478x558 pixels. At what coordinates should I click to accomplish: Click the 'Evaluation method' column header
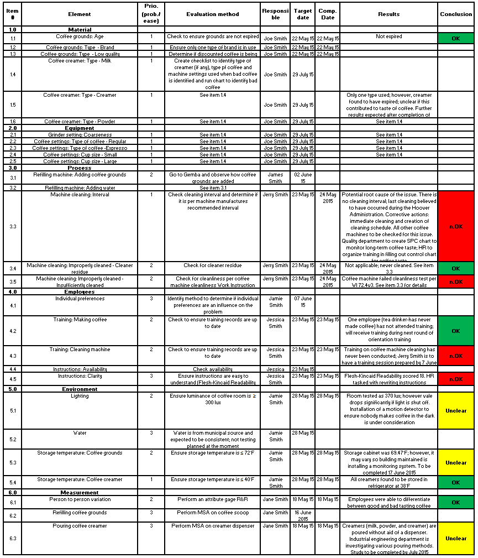point(213,14)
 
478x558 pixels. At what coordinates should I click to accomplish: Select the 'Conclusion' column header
point(456,14)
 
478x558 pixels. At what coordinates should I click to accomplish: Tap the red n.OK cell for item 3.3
point(456,226)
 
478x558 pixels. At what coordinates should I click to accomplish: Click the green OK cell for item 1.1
point(456,39)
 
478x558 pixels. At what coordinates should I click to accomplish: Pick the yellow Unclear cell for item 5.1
point(456,411)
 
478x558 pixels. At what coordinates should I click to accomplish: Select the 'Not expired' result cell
point(389,37)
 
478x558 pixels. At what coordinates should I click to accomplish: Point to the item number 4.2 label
point(13,331)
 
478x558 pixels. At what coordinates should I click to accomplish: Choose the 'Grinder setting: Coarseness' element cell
point(80,134)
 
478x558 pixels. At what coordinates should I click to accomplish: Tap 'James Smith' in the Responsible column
point(275,178)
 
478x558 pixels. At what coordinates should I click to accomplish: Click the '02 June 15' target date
point(303,178)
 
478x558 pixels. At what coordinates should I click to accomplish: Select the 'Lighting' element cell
point(80,396)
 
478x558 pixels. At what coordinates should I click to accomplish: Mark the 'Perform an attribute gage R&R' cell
point(213,499)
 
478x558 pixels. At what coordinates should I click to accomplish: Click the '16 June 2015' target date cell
point(303,515)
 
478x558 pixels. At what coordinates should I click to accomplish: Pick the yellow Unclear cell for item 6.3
point(456,538)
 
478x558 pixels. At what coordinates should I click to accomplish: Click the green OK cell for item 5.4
point(456,483)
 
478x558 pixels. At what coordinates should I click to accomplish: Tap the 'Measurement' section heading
point(80,492)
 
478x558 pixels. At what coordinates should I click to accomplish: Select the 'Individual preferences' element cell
point(80,299)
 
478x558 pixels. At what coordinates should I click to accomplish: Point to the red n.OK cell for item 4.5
point(456,379)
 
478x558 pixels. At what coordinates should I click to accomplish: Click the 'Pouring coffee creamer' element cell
point(80,526)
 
